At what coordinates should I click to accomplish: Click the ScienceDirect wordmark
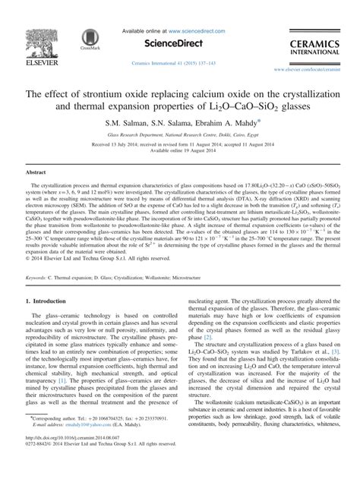pyautogui.click(x=179, y=43)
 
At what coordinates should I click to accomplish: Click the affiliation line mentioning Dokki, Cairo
pyautogui.click(x=179, y=134)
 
